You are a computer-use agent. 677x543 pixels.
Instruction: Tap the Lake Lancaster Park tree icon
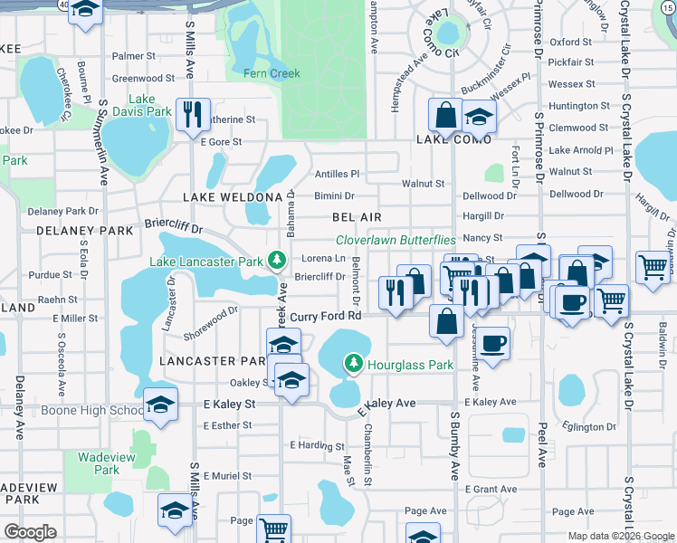pos(276,262)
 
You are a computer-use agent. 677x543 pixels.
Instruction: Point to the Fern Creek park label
pos(272,73)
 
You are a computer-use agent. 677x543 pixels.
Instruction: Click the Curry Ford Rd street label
pos(326,316)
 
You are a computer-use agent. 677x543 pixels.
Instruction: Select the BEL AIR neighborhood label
pos(357,217)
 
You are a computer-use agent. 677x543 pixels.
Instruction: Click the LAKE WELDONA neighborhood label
pos(233,197)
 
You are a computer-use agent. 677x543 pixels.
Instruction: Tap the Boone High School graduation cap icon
pos(160,404)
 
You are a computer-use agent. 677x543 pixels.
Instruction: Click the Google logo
pos(30,532)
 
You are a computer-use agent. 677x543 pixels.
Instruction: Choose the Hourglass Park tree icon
pos(354,366)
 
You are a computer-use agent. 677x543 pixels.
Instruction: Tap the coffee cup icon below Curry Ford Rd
pos(493,344)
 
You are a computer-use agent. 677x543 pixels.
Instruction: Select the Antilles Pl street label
pos(337,174)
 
